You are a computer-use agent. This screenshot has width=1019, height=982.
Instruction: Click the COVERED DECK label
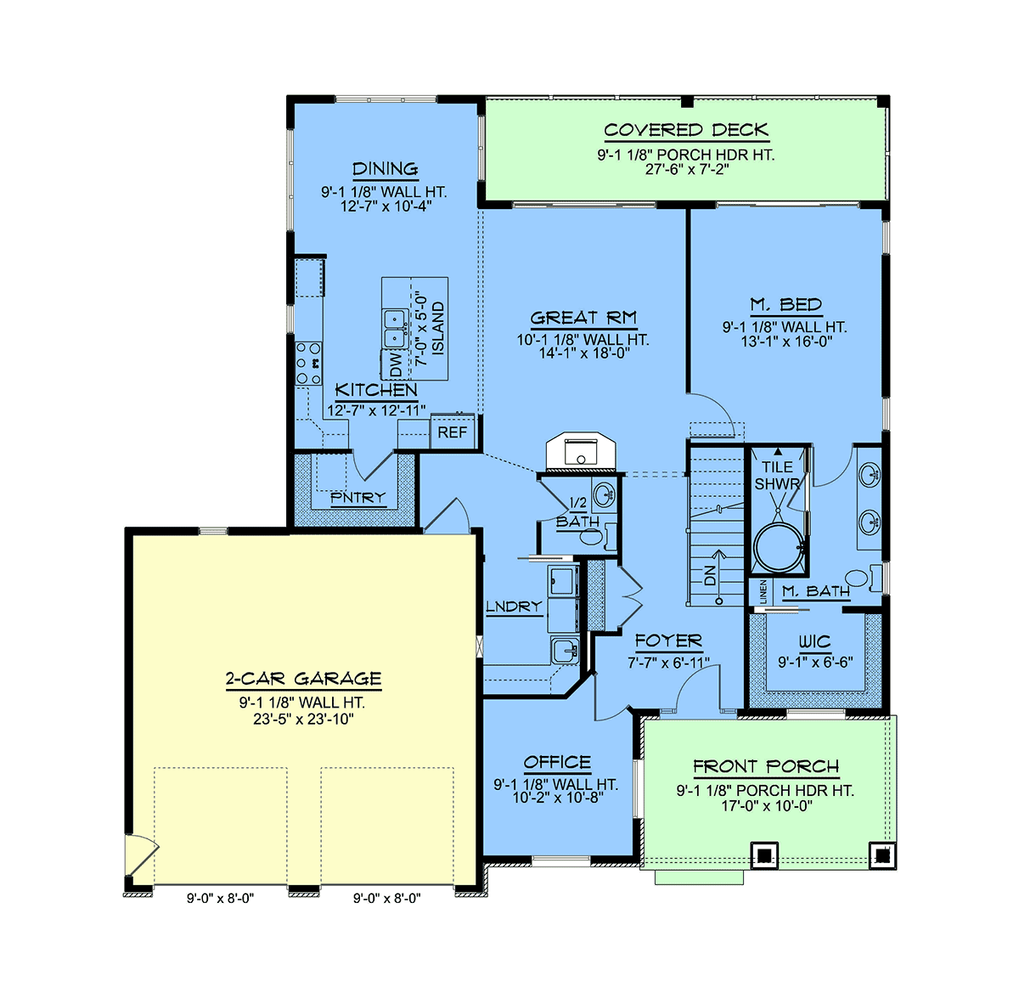tap(686, 130)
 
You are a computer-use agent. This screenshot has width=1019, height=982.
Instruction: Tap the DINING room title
tap(385, 169)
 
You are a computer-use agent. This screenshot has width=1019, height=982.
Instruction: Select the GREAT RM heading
tap(583, 318)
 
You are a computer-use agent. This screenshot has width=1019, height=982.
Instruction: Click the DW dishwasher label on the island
tap(397, 364)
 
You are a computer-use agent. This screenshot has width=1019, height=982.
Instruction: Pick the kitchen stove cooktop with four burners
tap(308, 363)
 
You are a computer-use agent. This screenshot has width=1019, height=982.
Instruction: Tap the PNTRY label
tap(358, 497)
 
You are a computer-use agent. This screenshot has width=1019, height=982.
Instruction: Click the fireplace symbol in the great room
tap(581, 451)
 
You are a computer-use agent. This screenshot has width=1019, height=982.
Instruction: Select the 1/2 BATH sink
tap(605, 494)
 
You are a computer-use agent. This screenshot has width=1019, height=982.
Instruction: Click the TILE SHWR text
tap(777, 476)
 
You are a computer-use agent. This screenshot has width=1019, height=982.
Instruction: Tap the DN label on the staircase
tap(710, 576)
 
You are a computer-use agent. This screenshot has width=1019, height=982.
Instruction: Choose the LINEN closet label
tap(763, 591)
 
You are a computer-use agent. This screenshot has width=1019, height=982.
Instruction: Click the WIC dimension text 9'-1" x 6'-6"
tap(815, 662)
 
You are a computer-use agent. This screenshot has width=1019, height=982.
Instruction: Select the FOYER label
tap(668, 641)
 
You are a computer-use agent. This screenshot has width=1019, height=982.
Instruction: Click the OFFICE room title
tap(557, 762)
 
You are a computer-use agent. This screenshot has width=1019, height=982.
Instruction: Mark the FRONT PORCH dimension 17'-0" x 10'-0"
tap(766, 805)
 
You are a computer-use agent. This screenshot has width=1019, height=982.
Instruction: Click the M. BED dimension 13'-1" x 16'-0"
tap(786, 341)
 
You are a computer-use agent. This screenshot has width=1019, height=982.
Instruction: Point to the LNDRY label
tap(515, 606)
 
